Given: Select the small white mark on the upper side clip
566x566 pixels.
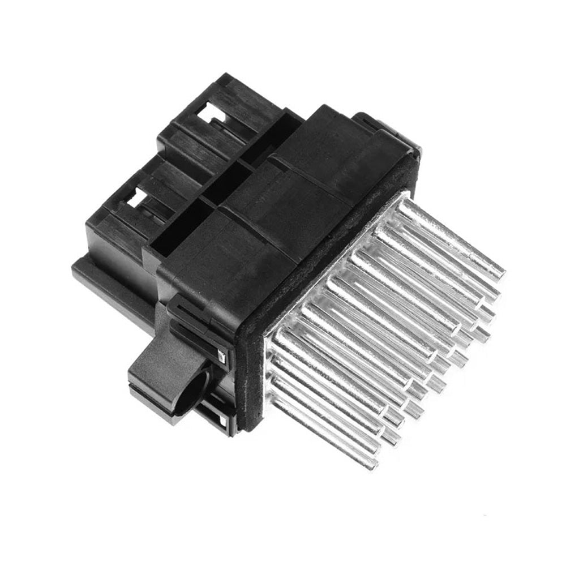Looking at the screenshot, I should coord(222,355).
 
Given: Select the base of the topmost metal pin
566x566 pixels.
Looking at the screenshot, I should coord(405,207).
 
